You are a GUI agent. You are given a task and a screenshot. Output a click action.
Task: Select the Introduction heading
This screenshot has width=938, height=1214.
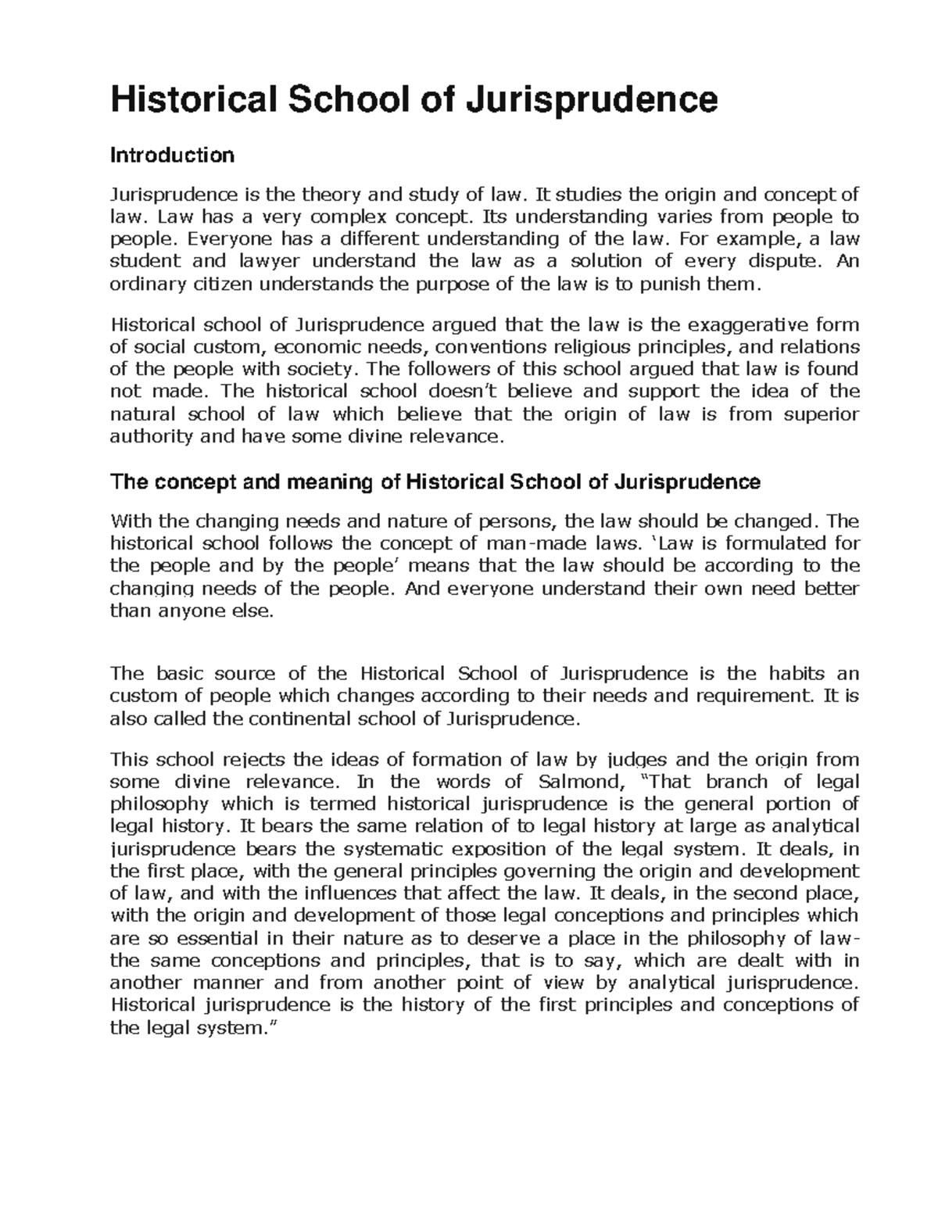click(172, 156)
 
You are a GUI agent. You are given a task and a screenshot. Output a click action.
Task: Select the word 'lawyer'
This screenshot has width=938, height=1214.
click(245, 261)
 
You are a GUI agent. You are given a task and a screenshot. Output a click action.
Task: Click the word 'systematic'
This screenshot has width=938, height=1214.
click(396, 849)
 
